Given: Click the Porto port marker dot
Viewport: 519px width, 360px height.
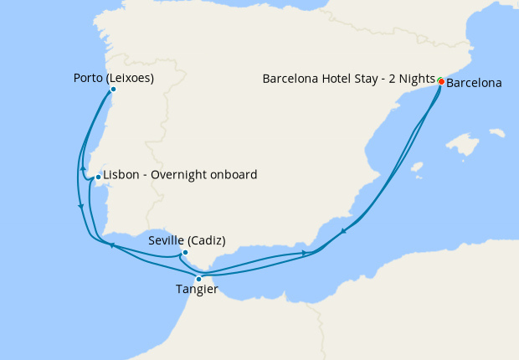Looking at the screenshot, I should point(112,89).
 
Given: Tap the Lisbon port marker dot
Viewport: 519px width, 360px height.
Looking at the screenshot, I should point(98,177).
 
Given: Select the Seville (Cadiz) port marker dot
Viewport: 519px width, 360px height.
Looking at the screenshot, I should point(184,252).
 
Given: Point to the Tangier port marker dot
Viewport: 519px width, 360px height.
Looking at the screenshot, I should point(198,279).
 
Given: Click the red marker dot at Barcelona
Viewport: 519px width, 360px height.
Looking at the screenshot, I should point(441,81).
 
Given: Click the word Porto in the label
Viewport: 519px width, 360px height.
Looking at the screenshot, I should point(88,79).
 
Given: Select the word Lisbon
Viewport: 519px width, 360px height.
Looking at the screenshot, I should point(120,175).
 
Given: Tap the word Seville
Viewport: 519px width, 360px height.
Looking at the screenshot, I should point(166,240).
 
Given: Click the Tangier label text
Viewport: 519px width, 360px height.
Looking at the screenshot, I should point(197,290).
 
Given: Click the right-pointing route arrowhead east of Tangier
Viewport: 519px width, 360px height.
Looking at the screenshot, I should point(304,253).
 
